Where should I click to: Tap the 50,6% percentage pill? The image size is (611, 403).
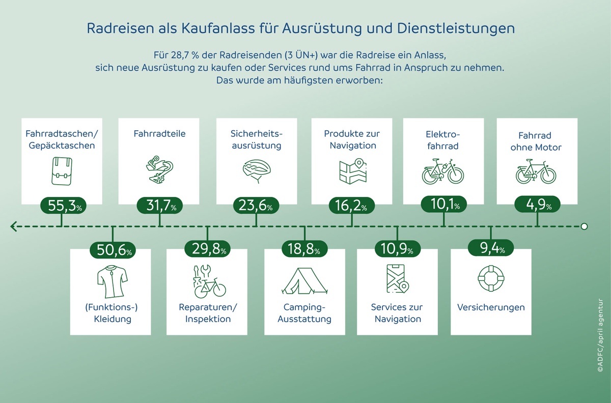click(x=113, y=250)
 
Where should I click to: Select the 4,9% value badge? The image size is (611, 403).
click(x=537, y=205)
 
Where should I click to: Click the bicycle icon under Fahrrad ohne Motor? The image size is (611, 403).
click(x=537, y=171)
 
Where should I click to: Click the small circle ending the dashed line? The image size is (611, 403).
click(x=584, y=226)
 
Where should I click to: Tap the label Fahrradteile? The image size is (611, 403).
click(x=159, y=134)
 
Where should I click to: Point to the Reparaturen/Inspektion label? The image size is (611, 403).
click(x=208, y=313)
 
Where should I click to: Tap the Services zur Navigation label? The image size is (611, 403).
click(x=397, y=313)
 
